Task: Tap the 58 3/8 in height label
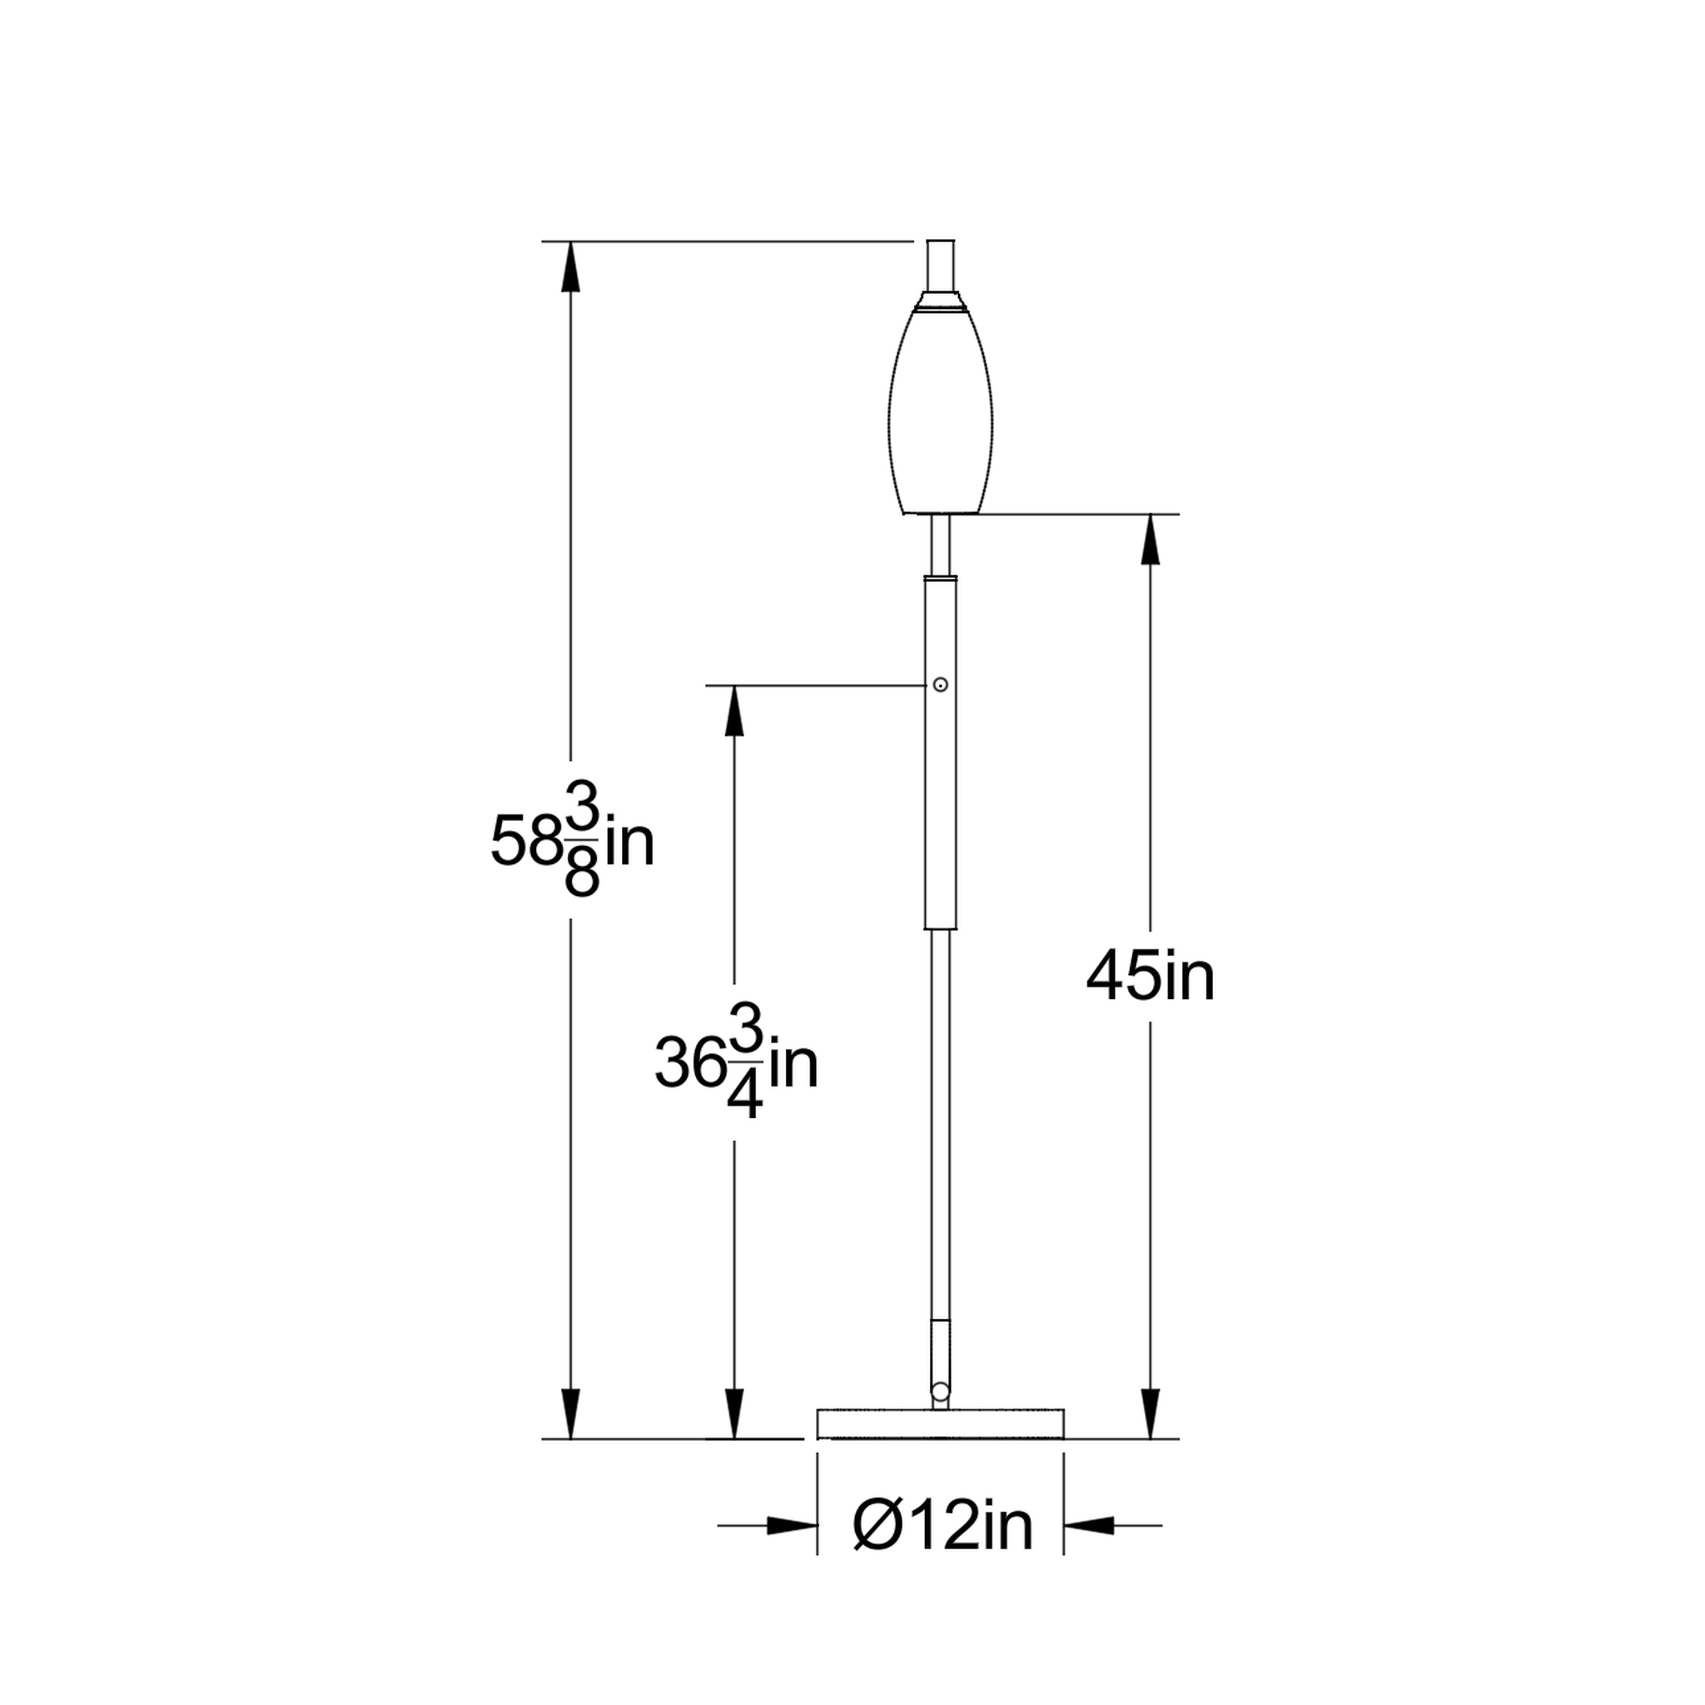pyautogui.click(x=572, y=840)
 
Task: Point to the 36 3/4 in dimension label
pyautogui.click(x=736, y=1062)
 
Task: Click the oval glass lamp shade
pyautogui.click(x=941, y=410)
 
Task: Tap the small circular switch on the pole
pyautogui.click(x=941, y=684)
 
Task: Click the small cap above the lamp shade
pyautogui.click(x=941, y=266)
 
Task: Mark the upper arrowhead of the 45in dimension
pyautogui.click(x=1150, y=539)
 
